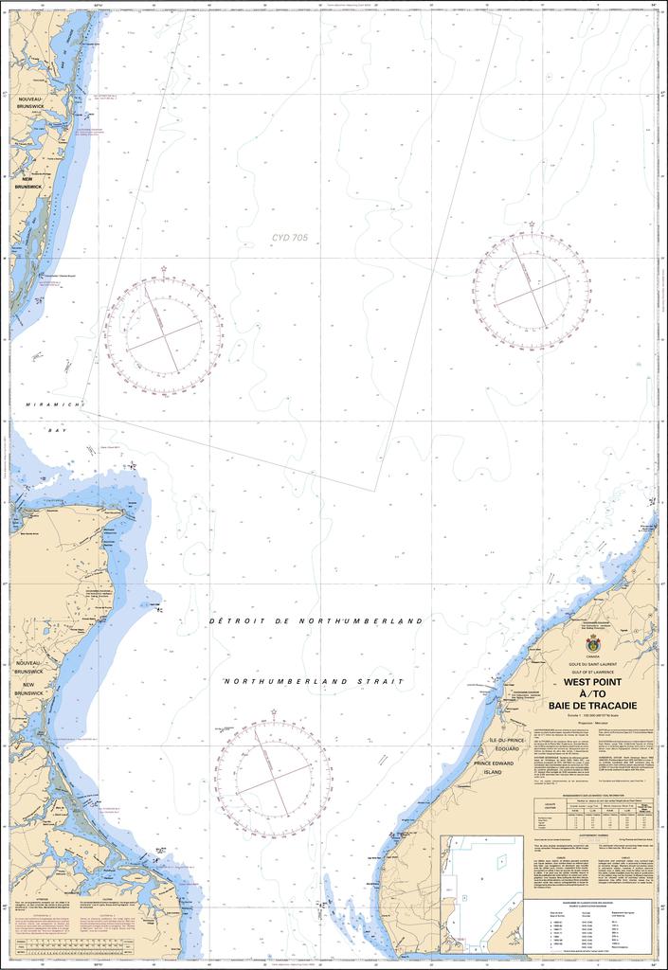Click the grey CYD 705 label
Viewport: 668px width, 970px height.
tap(290, 238)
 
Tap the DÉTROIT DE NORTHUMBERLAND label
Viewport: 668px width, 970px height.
tap(316, 620)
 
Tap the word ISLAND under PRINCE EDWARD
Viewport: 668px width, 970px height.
tap(494, 773)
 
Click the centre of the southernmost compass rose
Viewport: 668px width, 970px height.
tap(274, 779)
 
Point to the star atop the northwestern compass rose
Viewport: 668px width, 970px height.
tap(164, 270)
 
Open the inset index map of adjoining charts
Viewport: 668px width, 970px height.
tap(481, 893)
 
